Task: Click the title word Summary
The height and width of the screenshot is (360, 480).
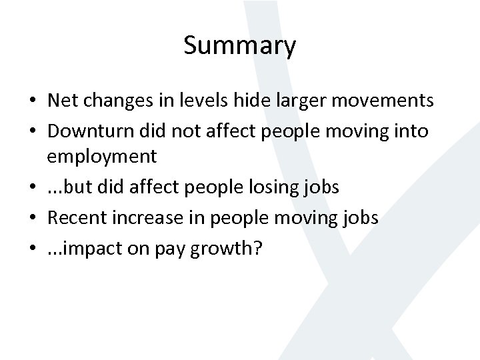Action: pos(239,47)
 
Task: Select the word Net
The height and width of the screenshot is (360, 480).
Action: pos(62,101)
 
